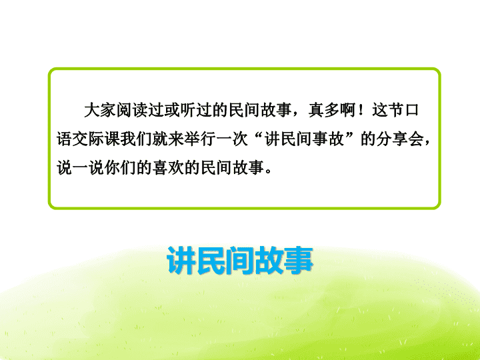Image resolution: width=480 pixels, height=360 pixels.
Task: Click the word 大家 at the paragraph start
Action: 100,110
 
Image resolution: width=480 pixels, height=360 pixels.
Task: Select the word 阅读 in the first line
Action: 132,110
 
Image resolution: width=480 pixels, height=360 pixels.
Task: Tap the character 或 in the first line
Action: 172,110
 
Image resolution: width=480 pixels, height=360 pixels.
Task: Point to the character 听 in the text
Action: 187,110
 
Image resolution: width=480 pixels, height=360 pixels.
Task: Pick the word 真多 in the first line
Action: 324,110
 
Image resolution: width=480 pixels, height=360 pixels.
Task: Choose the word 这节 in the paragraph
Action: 387,110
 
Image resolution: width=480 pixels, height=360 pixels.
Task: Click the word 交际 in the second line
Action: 88,139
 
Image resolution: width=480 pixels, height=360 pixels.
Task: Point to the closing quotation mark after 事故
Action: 352,135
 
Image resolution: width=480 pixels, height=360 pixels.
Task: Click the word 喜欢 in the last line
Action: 167,168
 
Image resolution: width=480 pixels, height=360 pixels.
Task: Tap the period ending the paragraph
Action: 269,172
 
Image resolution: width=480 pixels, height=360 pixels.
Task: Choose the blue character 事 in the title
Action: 299,260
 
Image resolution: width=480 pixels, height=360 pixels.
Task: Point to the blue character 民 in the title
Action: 211,260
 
